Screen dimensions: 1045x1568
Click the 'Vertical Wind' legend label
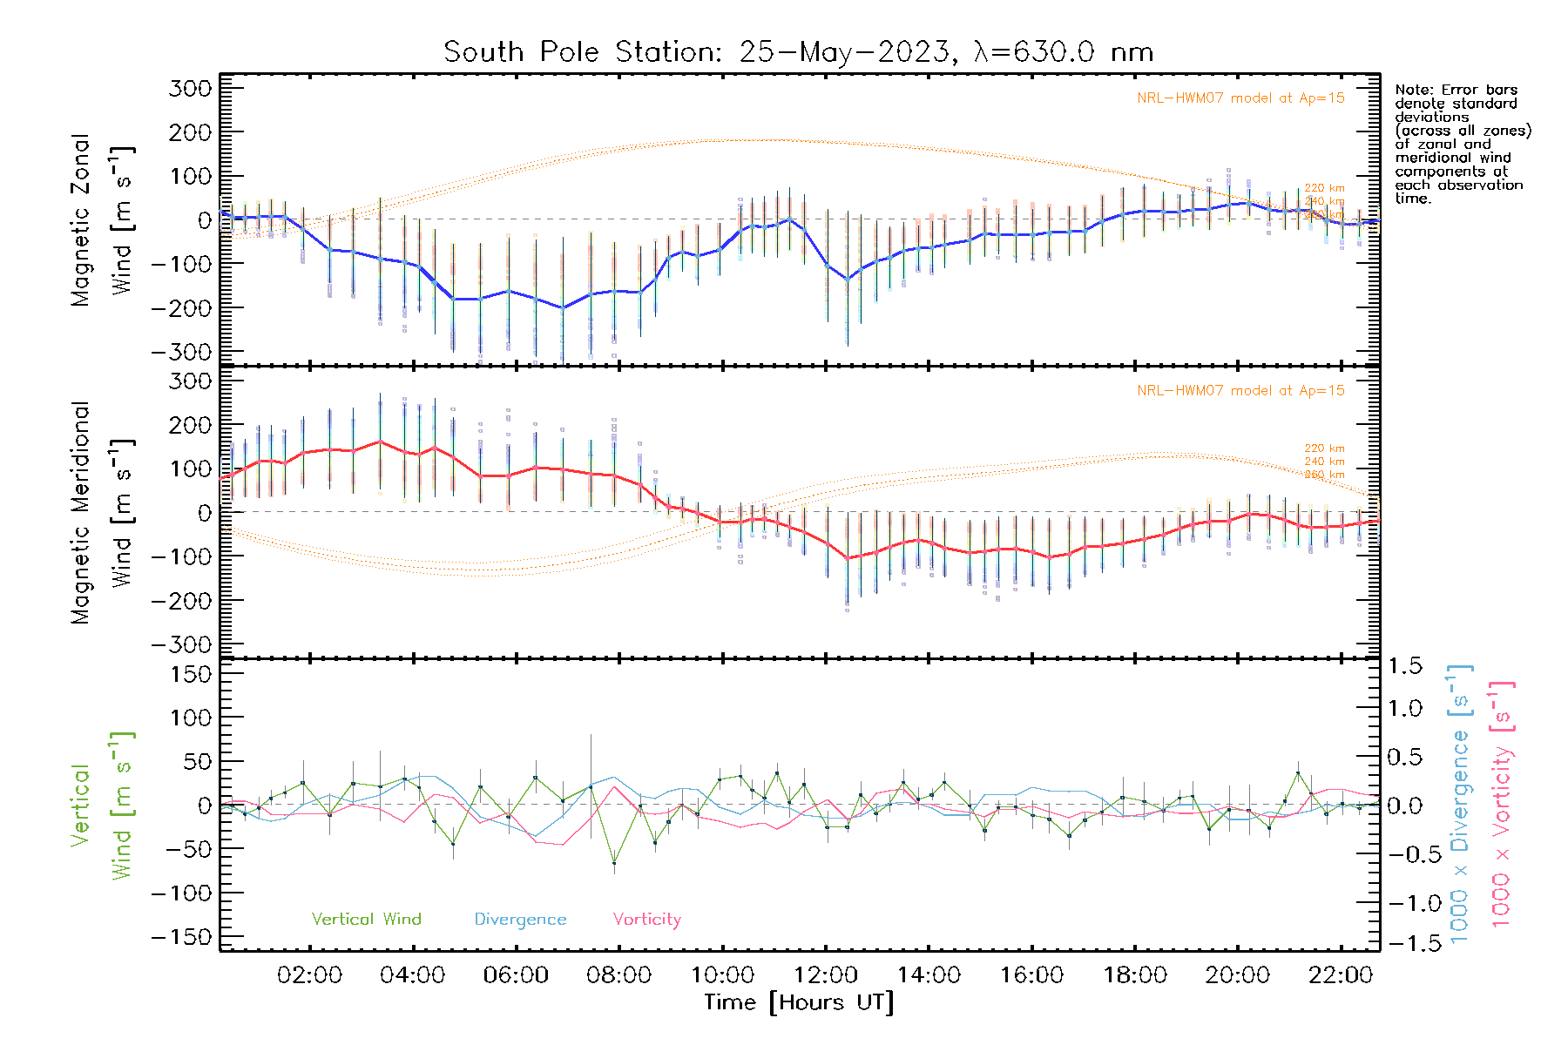click(366, 920)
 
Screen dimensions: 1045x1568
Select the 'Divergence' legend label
click(520, 920)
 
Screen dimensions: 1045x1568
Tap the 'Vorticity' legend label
click(646, 920)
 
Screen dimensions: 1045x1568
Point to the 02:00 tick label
click(309, 975)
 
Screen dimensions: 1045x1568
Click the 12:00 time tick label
click(826, 975)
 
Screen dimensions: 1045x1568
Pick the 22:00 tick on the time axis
click(1341, 975)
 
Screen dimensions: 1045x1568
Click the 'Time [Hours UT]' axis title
click(799, 1002)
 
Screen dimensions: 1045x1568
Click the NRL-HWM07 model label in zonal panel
click(1240, 98)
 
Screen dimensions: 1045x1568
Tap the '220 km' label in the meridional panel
click(1324, 448)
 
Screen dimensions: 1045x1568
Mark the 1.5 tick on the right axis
click(1405, 666)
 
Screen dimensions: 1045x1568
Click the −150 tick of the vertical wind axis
click(181, 937)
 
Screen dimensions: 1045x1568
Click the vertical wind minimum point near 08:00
click(614, 862)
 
